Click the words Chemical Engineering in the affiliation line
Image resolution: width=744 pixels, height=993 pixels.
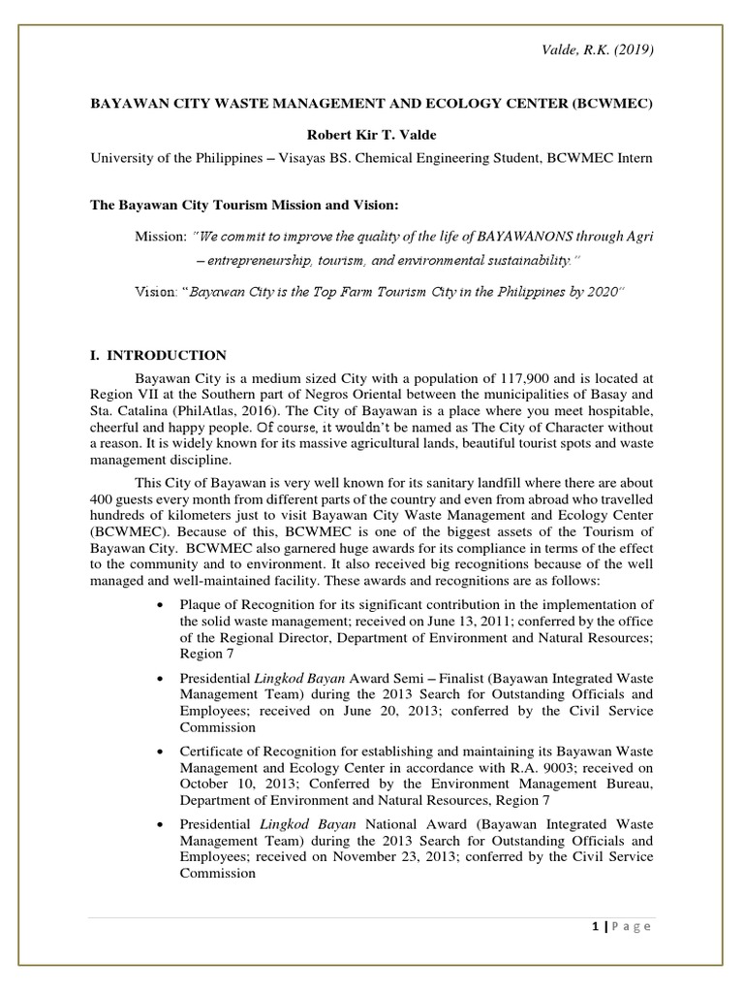click(x=433, y=158)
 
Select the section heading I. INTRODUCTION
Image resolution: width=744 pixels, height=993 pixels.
click(x=159, y=355)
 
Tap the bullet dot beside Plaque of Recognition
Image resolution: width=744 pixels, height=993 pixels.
click(x=159, y=603)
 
